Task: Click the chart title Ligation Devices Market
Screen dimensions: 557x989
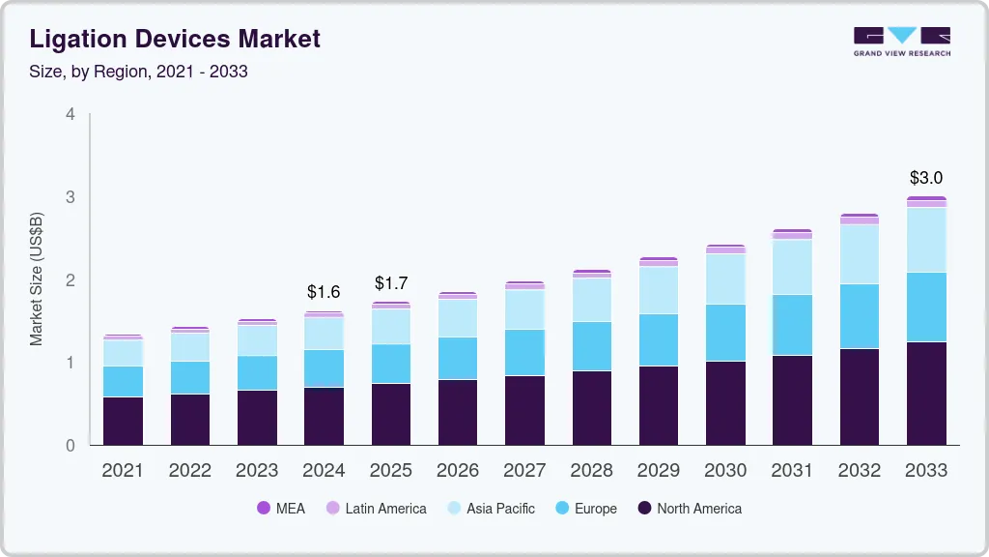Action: pyautogui.click(x=174, y=40)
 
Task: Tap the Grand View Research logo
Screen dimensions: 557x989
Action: pyautogui.click(x=901, y=41)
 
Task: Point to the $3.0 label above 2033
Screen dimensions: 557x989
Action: pyautogui.click(x=926, y=178)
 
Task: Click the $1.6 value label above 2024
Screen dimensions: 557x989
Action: pyautogui.click(x=324, y=291)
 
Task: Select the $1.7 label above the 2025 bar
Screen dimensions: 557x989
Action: pyautogui.click(x=391, y=283)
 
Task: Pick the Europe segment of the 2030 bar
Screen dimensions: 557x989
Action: pyautogui.click(x=725, y=333)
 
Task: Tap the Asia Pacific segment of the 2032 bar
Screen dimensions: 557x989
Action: pyautogui.click(x=860, y=253)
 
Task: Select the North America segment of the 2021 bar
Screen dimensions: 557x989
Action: pyautogui.click(x=123, y=421)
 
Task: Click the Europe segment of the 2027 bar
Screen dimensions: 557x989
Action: pyautogui.click(x=524, y=352)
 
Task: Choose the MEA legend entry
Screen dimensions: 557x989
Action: pyautogui.click(x=280, y=509)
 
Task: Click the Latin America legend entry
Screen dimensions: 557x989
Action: pyautogui.click(x=376, y=509)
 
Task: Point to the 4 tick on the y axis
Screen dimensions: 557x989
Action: pyautogui.click(x=70, y=114)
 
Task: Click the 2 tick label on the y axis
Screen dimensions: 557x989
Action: pyautogui.click(x=70, y=280)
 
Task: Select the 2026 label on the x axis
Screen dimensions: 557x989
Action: pyautogui.click(x=458, y=471)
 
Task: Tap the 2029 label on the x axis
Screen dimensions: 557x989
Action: pyautogui.click(x=659, y=471)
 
